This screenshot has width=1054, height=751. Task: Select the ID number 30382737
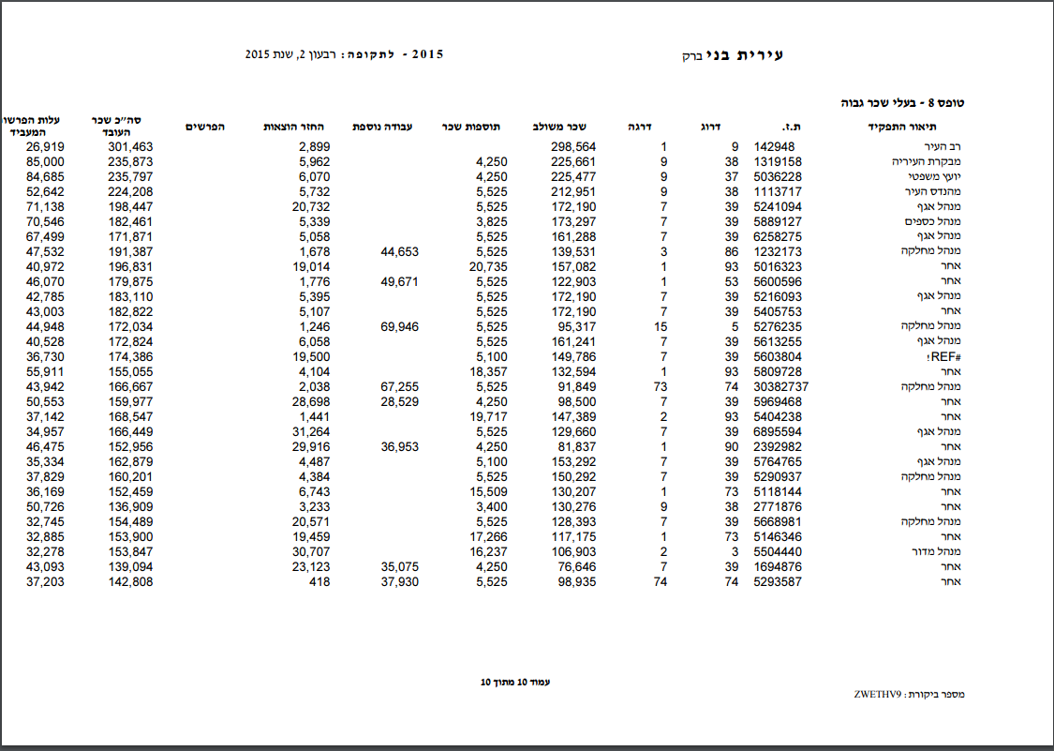click(780, 387)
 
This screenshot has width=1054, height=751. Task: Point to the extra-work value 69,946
click(399, 327)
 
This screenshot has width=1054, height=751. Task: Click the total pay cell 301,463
click(130, 147)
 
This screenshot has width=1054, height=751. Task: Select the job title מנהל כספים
click(933, 222)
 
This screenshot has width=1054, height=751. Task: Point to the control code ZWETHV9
click(877, 695)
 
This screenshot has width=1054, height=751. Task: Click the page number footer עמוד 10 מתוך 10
click(514, 682)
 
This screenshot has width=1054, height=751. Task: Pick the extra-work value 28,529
click(399, 402)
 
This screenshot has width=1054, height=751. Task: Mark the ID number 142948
click(774, 147)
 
